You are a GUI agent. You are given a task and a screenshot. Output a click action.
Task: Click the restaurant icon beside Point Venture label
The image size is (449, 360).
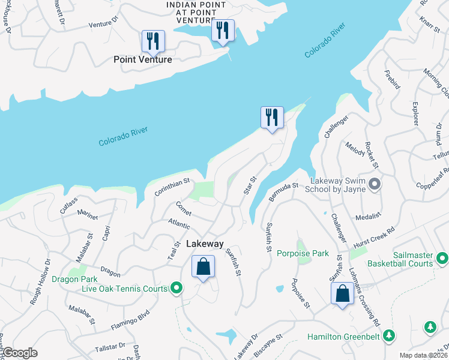click(x=153, y=41)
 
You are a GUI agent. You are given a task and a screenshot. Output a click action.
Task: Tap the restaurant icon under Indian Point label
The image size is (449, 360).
click(x=223, y=30)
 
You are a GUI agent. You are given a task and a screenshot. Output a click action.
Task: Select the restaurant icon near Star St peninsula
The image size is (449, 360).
click(x=272, y=117)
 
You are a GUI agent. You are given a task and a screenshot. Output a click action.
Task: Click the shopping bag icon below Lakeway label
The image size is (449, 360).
click(x=203, y=266)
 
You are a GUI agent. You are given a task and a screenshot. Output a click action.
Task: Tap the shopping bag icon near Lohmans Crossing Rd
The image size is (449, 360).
click(x=342, y=294)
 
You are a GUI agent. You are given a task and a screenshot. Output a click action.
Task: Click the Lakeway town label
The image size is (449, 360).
click(x=205, y=244)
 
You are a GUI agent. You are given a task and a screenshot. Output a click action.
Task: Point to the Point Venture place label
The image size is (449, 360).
click(x=143, y=59)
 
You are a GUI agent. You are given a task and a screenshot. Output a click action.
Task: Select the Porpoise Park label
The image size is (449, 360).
click(x=303, y=254)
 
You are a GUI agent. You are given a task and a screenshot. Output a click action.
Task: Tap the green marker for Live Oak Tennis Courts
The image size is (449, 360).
click(x=176, y=289)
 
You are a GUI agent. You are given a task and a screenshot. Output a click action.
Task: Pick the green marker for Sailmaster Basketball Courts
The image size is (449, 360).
click(x=442, y=259)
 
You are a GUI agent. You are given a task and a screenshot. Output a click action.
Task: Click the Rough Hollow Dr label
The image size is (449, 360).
click(x=40, y=281)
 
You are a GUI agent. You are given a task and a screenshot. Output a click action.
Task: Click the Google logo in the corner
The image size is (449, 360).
click(x=20, y=353)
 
